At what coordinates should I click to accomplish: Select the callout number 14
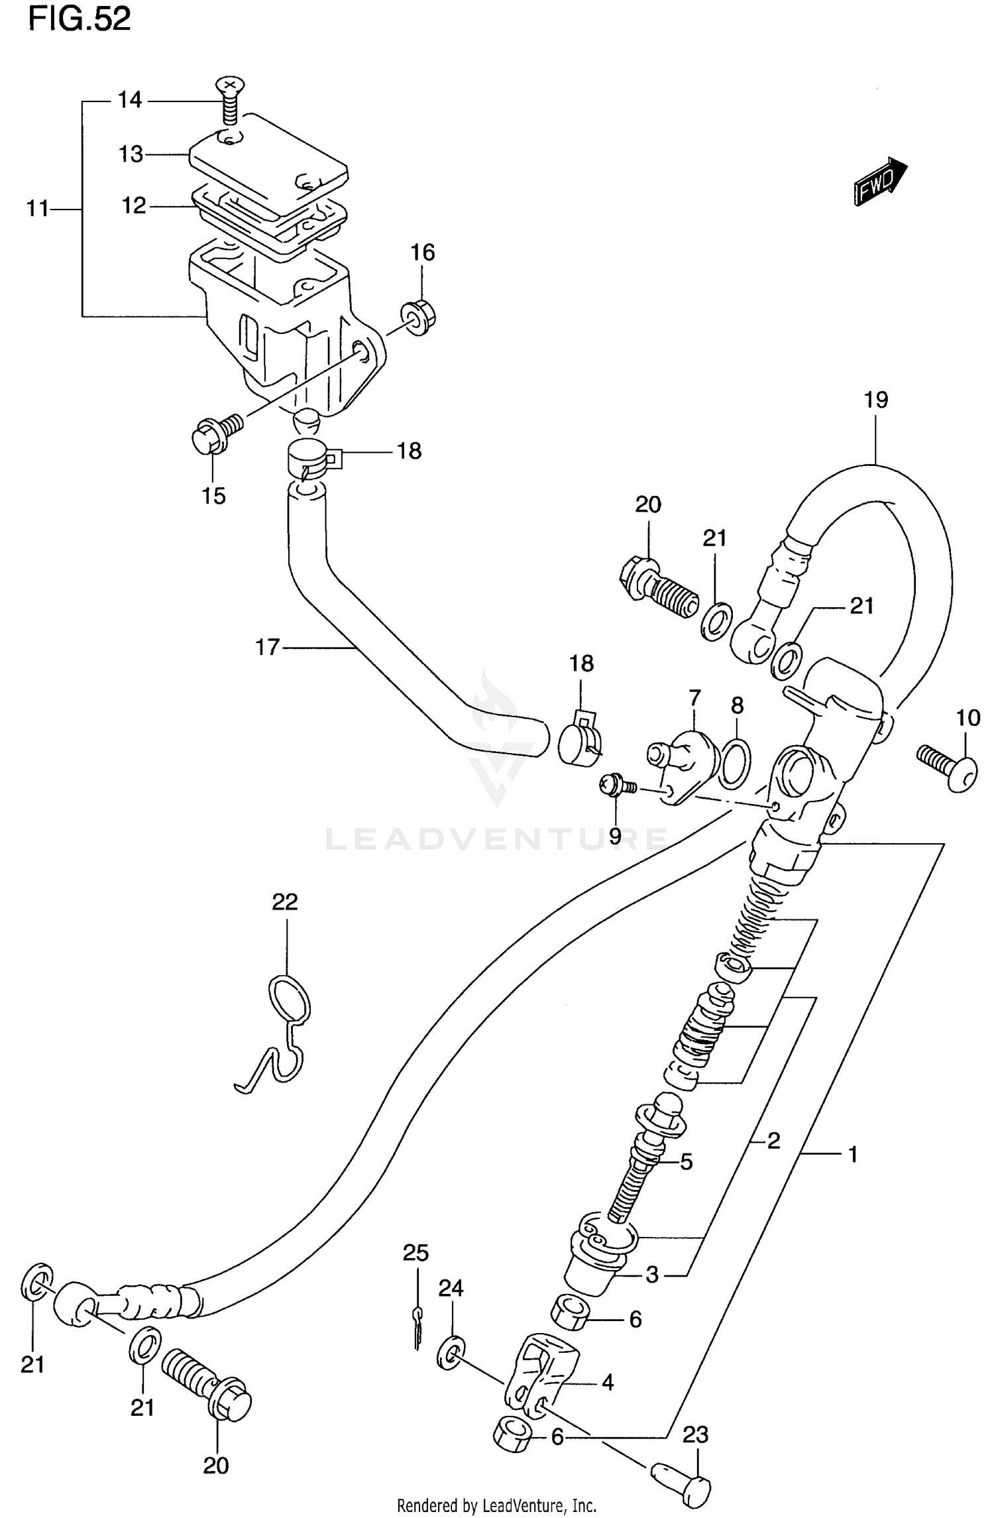point(130,100)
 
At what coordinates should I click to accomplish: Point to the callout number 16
point(423,253)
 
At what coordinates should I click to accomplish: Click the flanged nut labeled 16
point(417,317)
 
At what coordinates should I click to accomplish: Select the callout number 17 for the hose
point(268,646)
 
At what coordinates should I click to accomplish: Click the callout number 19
point(875,400)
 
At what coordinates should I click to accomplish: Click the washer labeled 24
point(451,1352)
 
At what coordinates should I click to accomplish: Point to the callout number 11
point(38,209)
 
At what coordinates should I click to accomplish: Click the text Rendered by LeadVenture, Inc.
point(497,1505)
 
